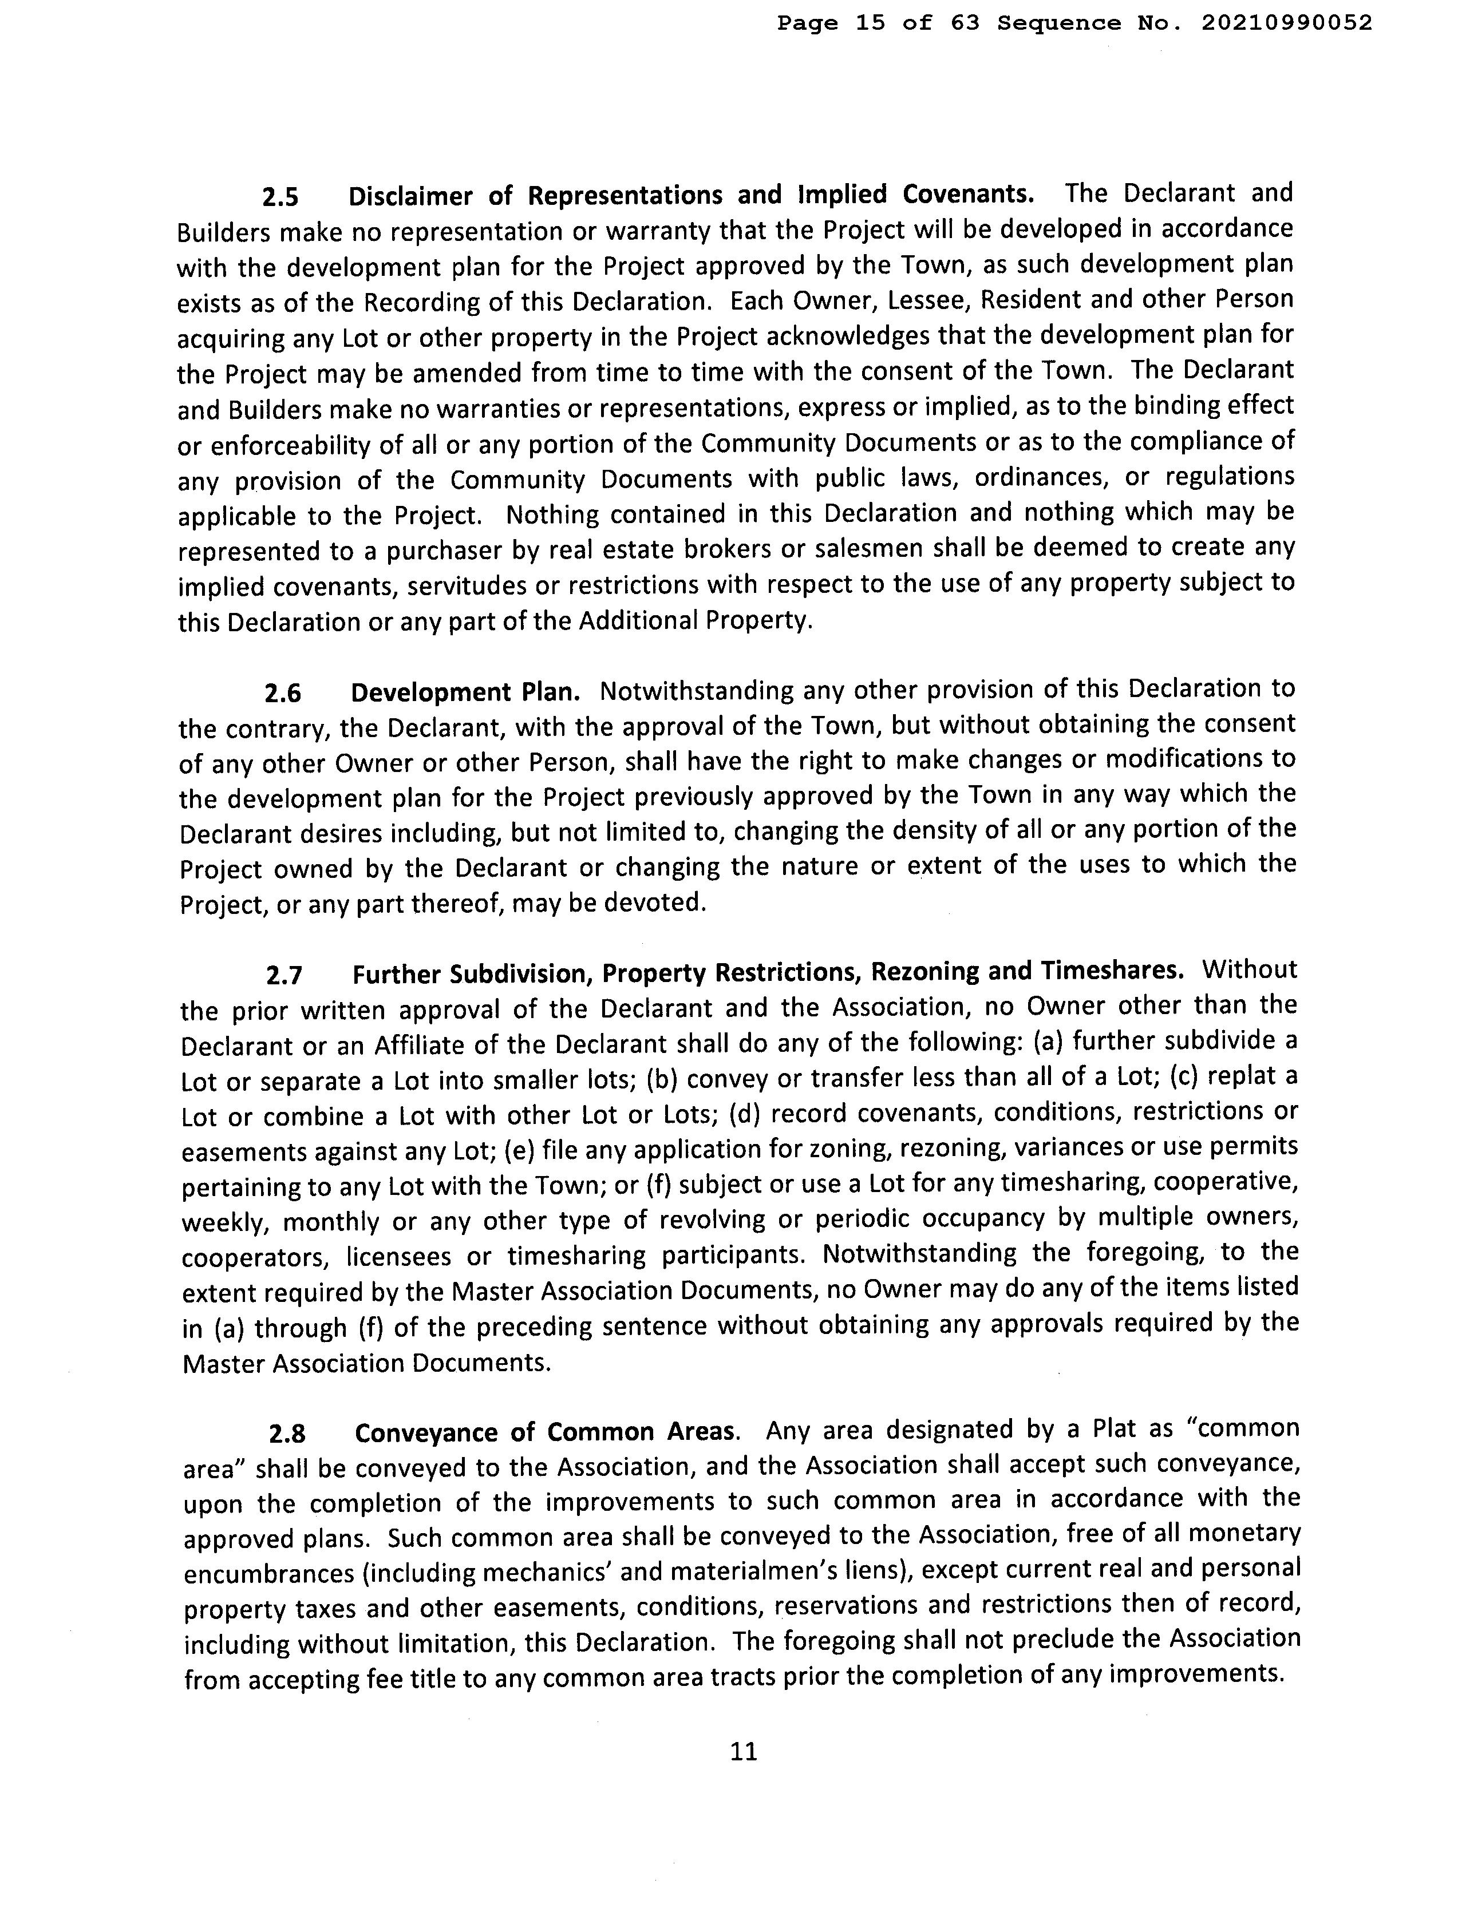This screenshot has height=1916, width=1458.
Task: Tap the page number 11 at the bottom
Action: (x=744, y=1751)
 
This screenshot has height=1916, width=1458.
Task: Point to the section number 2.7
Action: (x=285, y=975)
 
